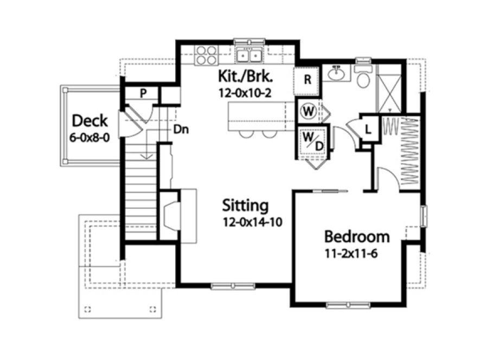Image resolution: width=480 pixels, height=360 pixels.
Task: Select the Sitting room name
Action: [246, 205]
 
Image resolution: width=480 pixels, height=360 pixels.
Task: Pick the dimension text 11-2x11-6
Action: [351, 253]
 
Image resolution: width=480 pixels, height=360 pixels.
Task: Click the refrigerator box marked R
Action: [307, 80]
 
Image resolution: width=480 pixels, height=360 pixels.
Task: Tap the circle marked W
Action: [309, 111]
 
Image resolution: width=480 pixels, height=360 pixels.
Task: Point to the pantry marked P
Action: [143, 93]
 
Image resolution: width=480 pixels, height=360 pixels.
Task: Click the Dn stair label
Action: [181, 130]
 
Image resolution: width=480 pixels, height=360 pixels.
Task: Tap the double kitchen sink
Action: [249, 55]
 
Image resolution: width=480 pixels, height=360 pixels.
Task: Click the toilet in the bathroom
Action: [363, 78]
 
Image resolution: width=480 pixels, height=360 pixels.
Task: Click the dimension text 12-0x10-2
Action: [245, 93]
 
